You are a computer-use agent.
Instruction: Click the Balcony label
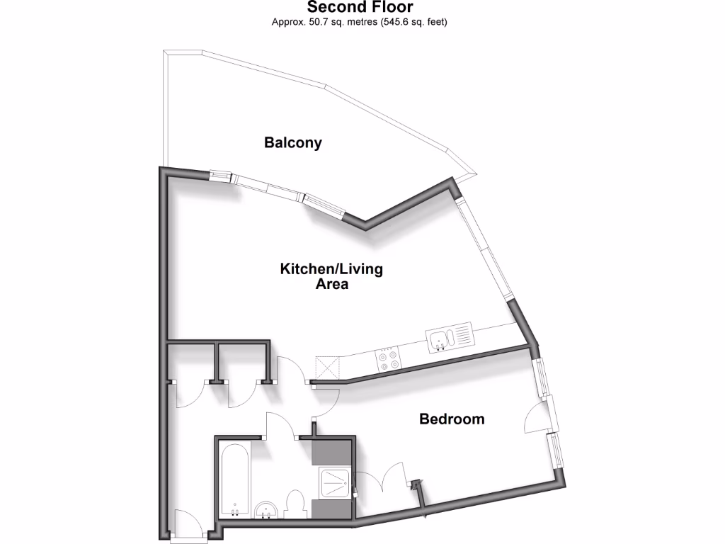(x=292, y=142)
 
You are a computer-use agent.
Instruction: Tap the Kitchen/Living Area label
(x=331, y=276)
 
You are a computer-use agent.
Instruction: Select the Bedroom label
(x=452, y=419)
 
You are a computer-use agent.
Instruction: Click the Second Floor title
(x=359, y=8)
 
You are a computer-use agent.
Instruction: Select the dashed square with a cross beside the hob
(x=327, y=368)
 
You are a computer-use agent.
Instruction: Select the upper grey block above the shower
(x=332, y=452)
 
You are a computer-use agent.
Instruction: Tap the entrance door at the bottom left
(x=185, y=524)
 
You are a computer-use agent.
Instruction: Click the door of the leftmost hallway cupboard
(x=190, y=394)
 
